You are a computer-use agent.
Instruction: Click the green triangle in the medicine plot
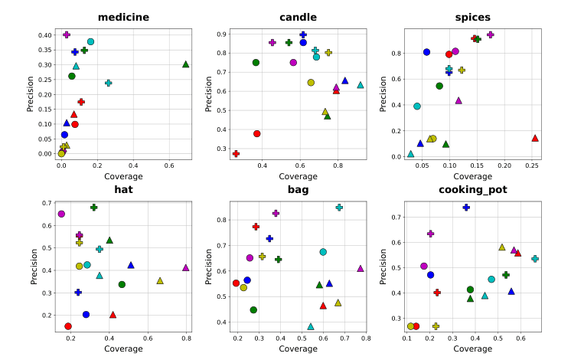tap(186, 64)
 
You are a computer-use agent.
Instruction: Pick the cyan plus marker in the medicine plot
tap(108, 83)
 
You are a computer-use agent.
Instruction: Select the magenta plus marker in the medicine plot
tap(67, 34)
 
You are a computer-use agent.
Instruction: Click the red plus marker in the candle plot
tap(236, 153)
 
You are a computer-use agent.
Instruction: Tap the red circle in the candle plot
tap(257, 133)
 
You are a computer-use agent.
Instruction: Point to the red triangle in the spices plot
tap(535, 138)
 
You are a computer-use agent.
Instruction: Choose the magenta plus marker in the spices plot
tap(491, 34)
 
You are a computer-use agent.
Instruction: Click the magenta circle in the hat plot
tap(61, 214)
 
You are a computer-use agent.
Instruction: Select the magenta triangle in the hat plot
tap(186, 267)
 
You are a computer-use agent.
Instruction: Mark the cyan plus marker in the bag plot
tap(339, 208)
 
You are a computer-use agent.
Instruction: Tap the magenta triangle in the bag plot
tap(361, 268)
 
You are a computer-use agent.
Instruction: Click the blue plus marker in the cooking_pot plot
tap(466, 208)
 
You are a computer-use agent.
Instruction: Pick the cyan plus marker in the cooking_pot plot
tap(535, 259)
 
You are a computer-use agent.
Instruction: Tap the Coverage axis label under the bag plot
tap(298, 349)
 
